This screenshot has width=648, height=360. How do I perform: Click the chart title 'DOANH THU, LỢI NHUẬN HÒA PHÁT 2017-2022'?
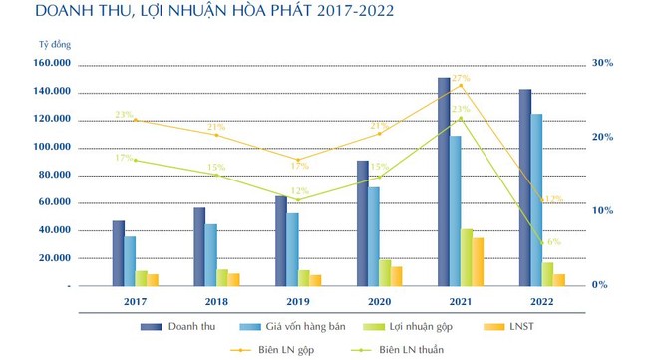(199, 13)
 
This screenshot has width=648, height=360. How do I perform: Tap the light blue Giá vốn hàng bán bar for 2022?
(537, 199)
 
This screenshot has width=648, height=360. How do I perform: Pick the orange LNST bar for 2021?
(478, 261)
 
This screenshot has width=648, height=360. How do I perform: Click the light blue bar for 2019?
(292, 249)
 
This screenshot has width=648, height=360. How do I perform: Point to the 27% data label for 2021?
(461, 78)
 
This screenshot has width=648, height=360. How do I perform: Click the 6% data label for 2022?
(553, 242)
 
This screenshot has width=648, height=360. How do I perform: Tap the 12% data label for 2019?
(299, 191)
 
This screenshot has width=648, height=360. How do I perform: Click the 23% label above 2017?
(124, 115)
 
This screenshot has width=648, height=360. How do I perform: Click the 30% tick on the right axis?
(602, 63)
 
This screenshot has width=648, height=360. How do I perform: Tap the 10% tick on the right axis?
(602, 211)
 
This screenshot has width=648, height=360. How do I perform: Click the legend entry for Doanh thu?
(187, 327)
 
